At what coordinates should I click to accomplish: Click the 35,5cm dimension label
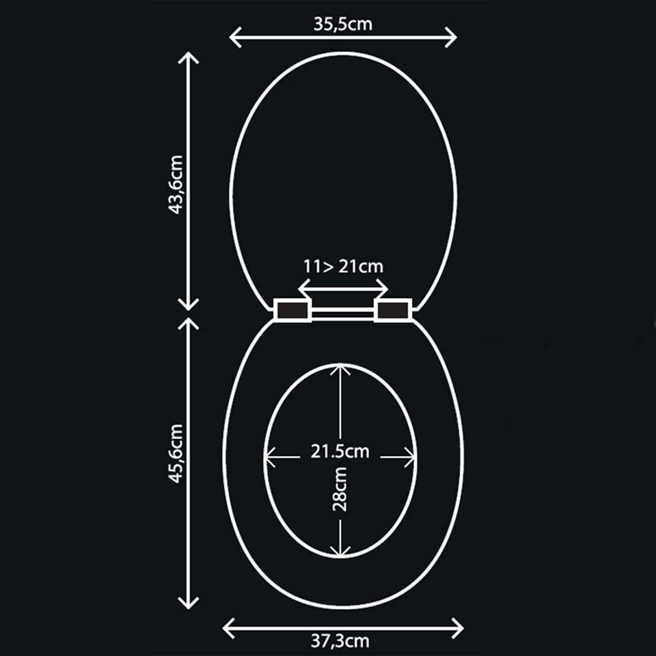click(x=343, y=25)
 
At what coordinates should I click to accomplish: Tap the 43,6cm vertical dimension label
click(x=176, y=185)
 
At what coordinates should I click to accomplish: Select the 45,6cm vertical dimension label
click(x=176, y=453)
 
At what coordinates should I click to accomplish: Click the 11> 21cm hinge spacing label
click(x=343, y=266)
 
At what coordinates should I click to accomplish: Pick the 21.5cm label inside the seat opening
click(x=339, y=452)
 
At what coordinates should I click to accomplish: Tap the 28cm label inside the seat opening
click(x=339, y=489)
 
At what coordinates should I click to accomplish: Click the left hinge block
click(x=292, y=310)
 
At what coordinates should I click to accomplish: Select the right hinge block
click(x=393, y=310)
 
